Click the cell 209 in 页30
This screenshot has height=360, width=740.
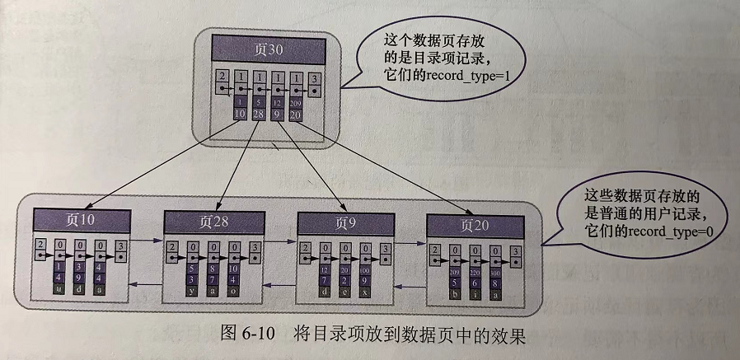[296, 102]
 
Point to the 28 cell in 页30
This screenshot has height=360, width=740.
[260, 114]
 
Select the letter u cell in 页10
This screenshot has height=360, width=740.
[59, 289]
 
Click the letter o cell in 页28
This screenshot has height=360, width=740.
[233, 291]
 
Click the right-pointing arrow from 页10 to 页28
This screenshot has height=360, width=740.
[147, 241]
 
